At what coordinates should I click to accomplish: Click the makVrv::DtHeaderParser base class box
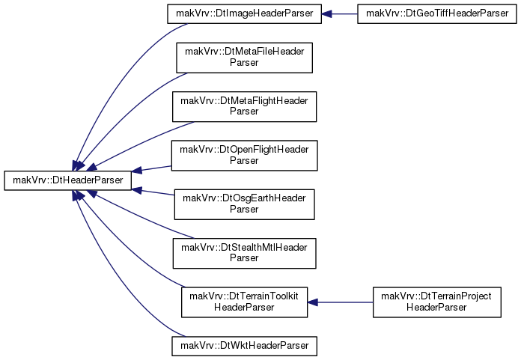[68, 180]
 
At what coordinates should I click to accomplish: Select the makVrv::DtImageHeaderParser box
[244, 14]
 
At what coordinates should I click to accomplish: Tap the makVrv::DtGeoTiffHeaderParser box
[437, 14]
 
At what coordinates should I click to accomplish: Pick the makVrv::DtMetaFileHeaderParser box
[244, 58]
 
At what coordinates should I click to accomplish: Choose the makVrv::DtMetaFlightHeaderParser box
[244, 106]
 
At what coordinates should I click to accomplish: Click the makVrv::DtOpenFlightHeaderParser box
[244, 156]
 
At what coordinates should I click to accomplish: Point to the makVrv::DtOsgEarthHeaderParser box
[244, 204]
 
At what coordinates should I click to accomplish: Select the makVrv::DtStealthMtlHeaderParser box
[244, 253]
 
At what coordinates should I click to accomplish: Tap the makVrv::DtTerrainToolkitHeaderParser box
[244, 302]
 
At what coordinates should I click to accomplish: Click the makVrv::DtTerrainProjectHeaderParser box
[437, 302]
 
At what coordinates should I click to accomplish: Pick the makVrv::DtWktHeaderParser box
[244, 346]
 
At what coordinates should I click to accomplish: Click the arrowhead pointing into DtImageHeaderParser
[326, 14]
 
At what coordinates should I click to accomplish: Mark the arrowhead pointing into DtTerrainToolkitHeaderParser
[313, 302]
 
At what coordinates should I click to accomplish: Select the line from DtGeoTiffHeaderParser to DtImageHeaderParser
[344, 14]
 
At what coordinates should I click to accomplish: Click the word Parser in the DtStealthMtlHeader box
[244, 258]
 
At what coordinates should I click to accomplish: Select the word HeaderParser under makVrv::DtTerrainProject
[436, 307]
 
